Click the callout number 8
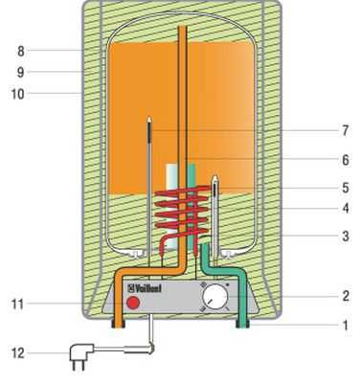tap(21, 51)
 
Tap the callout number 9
tap(20, 73)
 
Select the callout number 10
tap(17, 94)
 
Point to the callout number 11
tap(17, 304)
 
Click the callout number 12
tap(18, 353)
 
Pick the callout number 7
tap(345, 130)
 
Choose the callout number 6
tap(346, 160)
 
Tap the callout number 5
tap(346, 188)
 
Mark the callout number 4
tap(346, 209)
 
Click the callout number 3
tap(346, 237)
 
